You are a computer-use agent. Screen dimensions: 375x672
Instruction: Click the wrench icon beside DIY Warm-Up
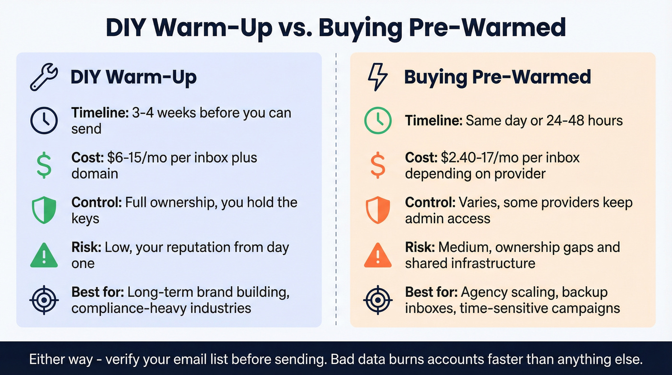point(44,78)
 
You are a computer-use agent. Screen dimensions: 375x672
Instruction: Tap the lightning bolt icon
point(377,78)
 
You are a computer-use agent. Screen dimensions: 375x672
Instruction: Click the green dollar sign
point(44,165)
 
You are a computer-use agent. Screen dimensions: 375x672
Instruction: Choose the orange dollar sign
point(378,165)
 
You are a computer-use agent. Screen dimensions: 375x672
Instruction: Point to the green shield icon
point(44,210)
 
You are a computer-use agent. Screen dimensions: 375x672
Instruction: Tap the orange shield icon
point(378,210)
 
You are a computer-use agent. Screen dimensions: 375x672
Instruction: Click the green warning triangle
point(44,255)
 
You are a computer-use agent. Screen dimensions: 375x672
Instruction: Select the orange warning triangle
point(378,255)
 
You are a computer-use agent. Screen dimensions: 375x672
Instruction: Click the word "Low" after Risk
point(116,248)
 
